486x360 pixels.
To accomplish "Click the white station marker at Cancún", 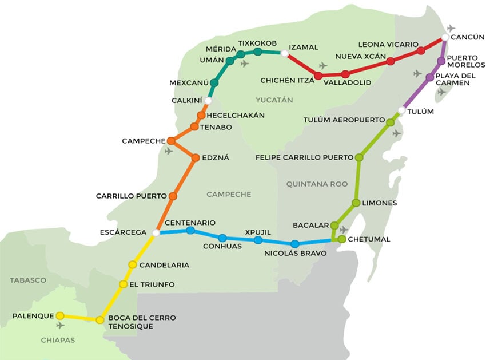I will pyautogui.click(x=445, y=38).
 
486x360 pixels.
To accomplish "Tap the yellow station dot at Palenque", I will pyautogui.click(x=60, y=315).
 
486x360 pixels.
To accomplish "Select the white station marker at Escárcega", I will pyautogui.click(x=156, y=232).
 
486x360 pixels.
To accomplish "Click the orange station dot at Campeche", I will pyautogui.click(x=170, y=141).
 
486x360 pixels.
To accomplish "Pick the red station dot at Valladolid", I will pyautogui.click(x=345, y=74).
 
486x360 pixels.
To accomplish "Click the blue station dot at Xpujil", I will pyautogui.click(x=258, y=240).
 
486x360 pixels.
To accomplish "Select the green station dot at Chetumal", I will pyautogui.click(x=342, y=239).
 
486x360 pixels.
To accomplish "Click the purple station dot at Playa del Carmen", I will pyautogui.click(x=430, y=77).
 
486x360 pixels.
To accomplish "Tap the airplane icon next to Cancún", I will pyautogui.click(x=452, y=28).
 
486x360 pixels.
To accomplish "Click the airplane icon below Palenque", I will pyautogui.click(x=61, y=326).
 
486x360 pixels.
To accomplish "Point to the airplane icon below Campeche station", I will pyautogui.click(x=169, y=152).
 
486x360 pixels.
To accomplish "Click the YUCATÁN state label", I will pyautogui.click(x=274, y=100).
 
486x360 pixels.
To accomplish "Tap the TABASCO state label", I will pyautogui.click(x=27, y=280).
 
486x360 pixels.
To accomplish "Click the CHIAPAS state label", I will pyautogui.click(x=58, y=340).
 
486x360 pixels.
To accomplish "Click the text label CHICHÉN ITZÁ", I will pyautogui.click(x=287, y=80).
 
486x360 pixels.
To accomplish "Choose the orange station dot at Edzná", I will pyautogui.click(x=196, y=157).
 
